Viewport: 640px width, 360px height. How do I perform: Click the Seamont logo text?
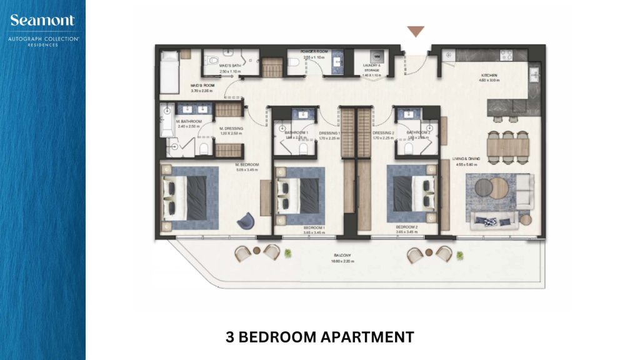coord(42,21)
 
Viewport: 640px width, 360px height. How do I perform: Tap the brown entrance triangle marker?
coord(415,32)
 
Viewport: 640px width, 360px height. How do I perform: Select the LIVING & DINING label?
coord(466,159)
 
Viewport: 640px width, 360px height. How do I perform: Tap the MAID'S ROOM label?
coord(203,87)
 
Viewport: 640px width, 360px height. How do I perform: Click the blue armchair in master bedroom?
coord(246,220)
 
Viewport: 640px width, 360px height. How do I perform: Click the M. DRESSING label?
coord(231,129)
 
